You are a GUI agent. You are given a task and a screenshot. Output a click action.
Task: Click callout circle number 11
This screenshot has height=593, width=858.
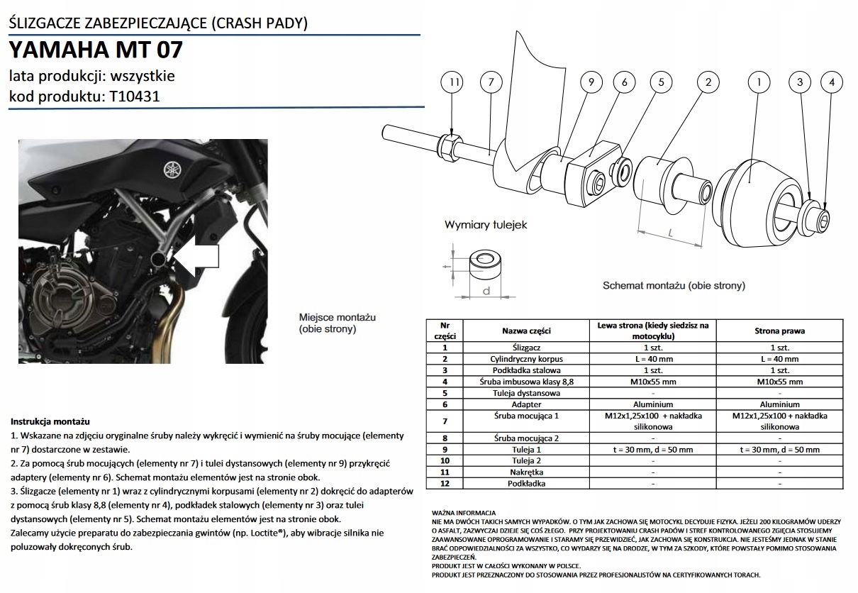[x=454, y=83]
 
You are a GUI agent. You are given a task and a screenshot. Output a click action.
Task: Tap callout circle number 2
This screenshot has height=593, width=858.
[x=708, y=83]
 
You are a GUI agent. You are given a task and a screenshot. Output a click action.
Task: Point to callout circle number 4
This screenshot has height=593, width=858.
[x=832, y=83]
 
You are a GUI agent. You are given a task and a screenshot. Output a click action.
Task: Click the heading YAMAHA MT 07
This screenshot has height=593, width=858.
[x=96, y=50]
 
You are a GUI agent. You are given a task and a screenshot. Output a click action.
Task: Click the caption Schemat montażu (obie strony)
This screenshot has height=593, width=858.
[x=674, y=285]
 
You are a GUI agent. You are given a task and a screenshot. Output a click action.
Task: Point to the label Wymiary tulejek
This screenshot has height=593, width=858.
[x=486, y=225]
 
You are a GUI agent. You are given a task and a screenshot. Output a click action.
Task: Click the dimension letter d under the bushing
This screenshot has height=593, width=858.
[x=486, y=291]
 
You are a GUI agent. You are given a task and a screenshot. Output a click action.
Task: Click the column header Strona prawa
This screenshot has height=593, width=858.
[x=779, y=331]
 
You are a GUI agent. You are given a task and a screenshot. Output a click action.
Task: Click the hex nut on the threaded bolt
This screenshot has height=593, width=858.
[x=448, y=147]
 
